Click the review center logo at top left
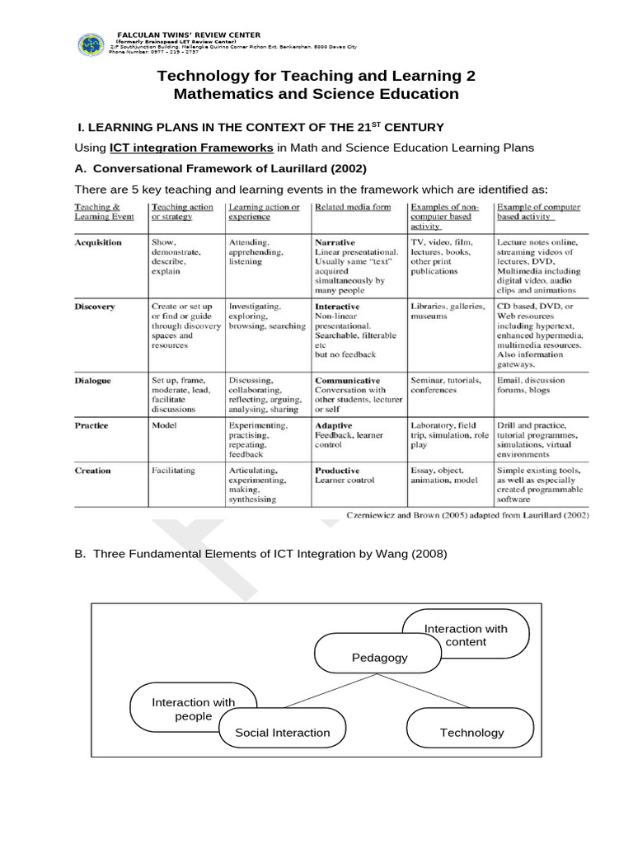tap(91, 45)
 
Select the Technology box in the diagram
tap(471, 732)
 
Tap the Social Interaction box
tap(282, 732)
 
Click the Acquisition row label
tap(98, 242)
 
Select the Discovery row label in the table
tap(95, 306)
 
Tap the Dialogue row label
tap(94, 381)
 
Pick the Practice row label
tap(91, 426)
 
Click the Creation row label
tap(92, 471)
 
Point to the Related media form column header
tap(353, 208)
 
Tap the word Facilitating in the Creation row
tap(172, 471)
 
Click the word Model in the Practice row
tap(164, 426)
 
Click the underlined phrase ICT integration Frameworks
tap(191, 148)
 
